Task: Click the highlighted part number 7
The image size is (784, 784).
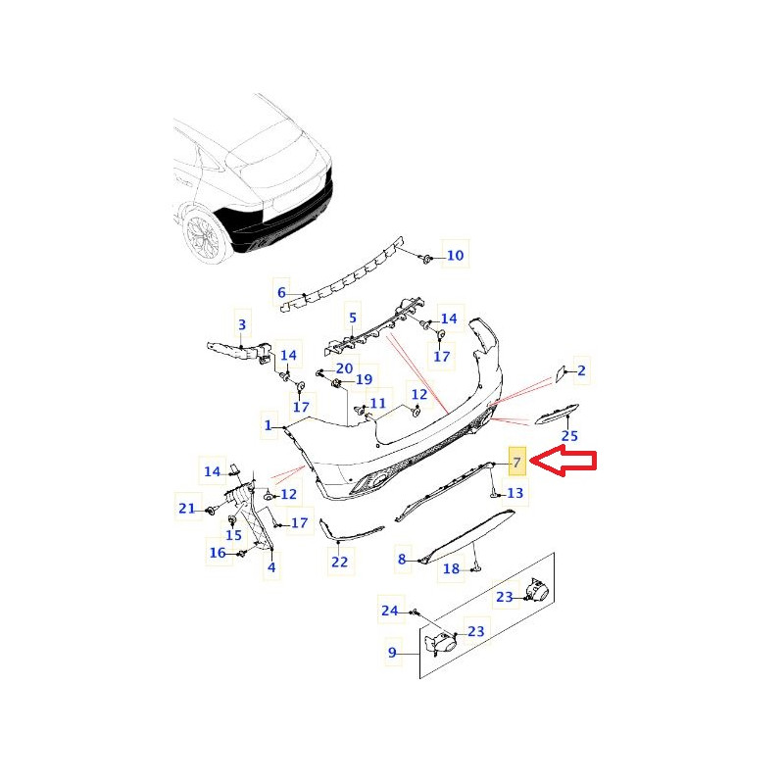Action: point(517,463)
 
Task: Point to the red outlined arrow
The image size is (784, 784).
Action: point(563,463)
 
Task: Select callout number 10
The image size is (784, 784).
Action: point(455,256)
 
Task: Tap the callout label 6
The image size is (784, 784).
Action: point(281,292)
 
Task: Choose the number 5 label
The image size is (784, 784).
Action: point(353,318)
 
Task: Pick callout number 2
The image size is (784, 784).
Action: point(581,370)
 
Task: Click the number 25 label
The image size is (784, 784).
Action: point(569,436)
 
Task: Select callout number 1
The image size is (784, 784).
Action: point(268,425)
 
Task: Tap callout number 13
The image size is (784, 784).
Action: point(515,493)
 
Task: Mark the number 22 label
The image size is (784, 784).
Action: point(339,562)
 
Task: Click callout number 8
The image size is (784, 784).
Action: point(402,559)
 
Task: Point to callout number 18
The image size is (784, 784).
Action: point(451,568)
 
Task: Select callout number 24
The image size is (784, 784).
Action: point(390,611)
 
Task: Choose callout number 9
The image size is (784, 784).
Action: point(393,653)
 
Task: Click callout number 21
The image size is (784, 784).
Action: point(187,509)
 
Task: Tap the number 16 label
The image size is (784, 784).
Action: point(218,553)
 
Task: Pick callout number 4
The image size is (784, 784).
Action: point(271,567)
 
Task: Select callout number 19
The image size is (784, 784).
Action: point(364,379)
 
